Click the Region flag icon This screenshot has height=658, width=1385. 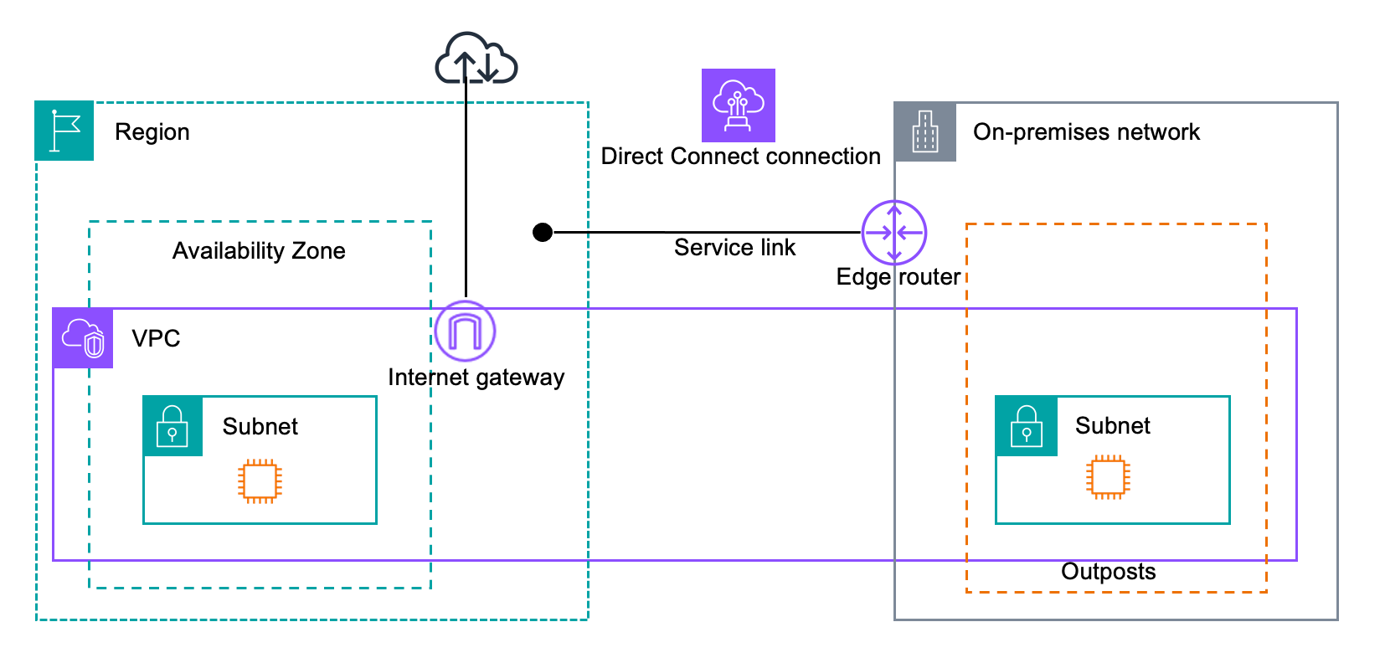64,131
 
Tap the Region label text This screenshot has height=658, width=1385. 152,132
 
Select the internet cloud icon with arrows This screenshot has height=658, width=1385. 476,59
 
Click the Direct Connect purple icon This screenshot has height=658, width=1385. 738,105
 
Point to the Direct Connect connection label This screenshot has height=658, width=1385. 740,157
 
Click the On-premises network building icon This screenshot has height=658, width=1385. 924,131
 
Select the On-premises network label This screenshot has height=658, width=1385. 1085,132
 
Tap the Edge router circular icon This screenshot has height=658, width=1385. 893,232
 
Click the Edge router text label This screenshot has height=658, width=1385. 898,277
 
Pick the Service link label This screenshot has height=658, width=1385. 734,248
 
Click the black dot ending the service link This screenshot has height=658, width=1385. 543,232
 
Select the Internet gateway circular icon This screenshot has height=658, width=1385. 465,332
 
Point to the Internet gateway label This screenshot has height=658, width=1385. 476,378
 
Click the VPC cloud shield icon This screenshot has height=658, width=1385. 83,338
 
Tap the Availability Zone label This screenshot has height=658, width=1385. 259,251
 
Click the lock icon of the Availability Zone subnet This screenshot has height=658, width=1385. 172,426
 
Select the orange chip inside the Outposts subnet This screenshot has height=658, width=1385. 1108,477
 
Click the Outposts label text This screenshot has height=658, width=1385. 1108,572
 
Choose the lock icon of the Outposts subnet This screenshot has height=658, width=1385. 1026,426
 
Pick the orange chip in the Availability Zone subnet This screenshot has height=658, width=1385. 260,481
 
